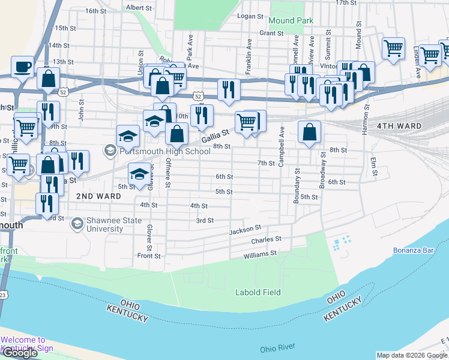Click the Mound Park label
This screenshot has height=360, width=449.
[x=291, y=20]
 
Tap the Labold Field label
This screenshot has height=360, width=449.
[x=258, y=292]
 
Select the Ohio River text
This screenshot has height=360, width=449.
[x=278, y=349]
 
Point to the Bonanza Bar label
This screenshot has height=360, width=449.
[x=413, y=250]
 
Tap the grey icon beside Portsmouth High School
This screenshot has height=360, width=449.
[x=110, y=150]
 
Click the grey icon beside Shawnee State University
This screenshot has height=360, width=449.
[x=77, y=224]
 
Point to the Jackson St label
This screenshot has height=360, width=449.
[x=245, y=229]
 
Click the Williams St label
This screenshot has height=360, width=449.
[x=259, y=254]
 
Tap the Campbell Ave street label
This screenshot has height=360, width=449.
[x=281, y=146]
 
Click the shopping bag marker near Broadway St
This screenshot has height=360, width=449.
[x=309, y=133]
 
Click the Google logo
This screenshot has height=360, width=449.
[x=20, y=353]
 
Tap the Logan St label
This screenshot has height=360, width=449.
[x=251, y=16]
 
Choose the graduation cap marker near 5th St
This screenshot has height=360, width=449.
[x=139, y=175]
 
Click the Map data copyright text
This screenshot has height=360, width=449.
[x=411, y=355]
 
